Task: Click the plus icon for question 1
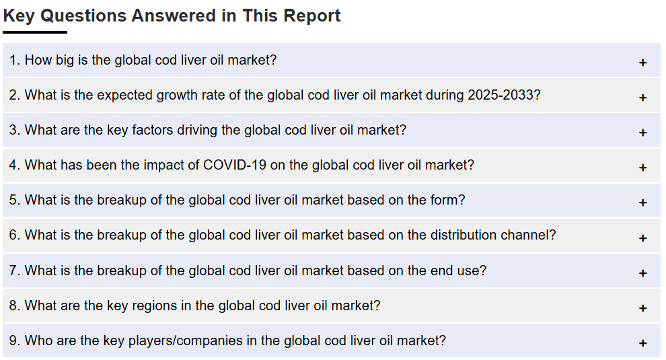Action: click(642, 63)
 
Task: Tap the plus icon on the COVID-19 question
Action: click(642, 168)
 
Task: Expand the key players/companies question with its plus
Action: click(642, 343)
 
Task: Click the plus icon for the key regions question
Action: click(642, 308)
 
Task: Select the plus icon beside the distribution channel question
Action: click(642, 238)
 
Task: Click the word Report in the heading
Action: click(311, 16)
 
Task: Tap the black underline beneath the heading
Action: click(35, 32)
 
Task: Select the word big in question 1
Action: click(65, 61)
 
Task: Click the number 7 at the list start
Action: click(13, 271)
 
